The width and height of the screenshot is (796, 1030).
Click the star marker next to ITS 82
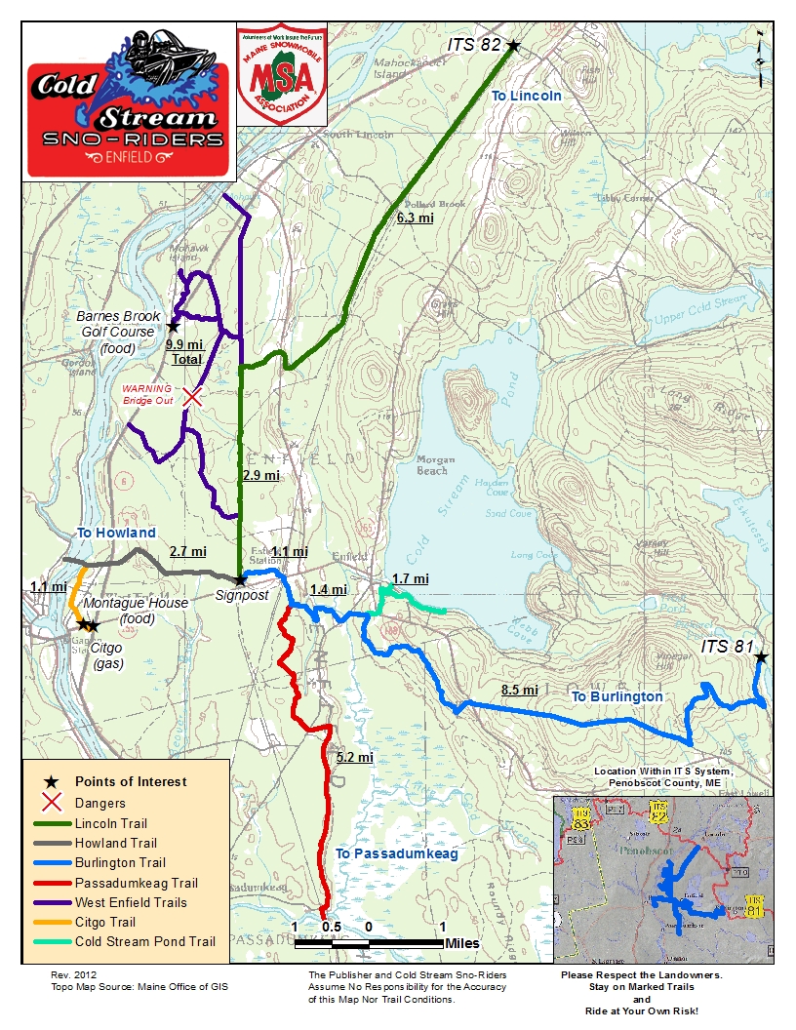pos(513,45)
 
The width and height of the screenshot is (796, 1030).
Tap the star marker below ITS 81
pos(761,658)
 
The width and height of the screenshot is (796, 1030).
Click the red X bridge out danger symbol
pos(193,397)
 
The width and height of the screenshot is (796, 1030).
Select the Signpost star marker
pos(240,580)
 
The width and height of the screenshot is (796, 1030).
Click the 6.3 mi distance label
pos(415,218)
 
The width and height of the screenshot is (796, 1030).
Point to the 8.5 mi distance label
pos(519,690)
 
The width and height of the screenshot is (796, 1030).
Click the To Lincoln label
pos(526,96)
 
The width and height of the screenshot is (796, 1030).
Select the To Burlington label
pos(617,696)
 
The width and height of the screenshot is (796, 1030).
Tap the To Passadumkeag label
pos(396,853)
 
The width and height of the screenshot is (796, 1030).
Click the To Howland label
pos(116,533)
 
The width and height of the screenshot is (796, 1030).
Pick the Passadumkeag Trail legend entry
pos(136,883)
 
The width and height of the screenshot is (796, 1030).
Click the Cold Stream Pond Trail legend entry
pos(144,941)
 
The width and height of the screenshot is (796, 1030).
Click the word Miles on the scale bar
pos(461,943)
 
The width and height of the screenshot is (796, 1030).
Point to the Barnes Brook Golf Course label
pos(116,325)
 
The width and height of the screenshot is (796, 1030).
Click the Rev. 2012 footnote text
pos(74,974)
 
